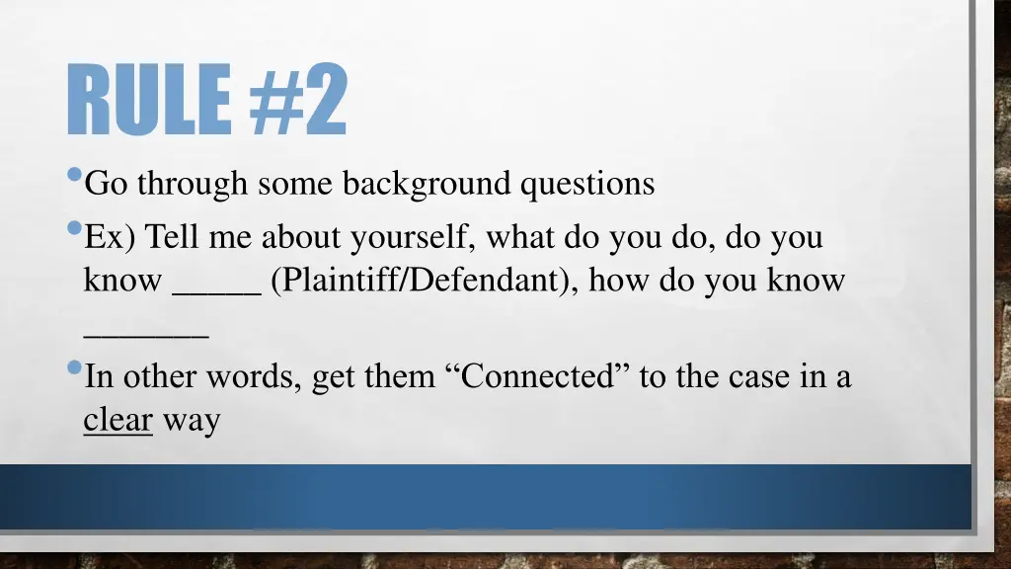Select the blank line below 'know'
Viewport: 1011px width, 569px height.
point(146,335)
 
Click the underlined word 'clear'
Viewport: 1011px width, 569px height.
point(117,420)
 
